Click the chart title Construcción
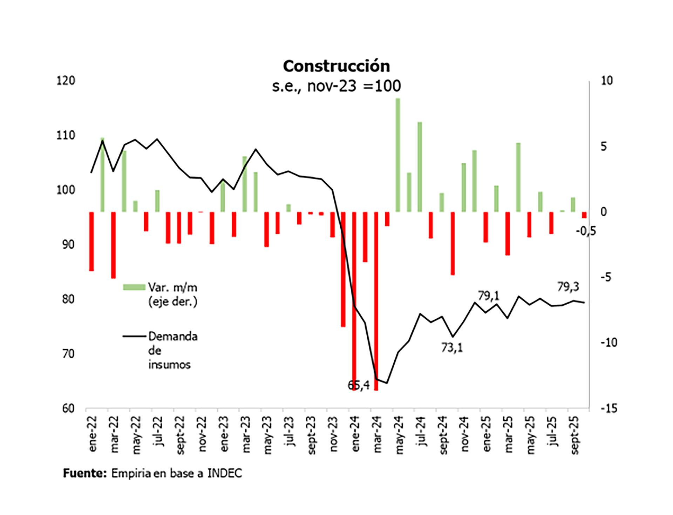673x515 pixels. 336,66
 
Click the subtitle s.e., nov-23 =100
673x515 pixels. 336,86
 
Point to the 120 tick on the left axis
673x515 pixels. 66,81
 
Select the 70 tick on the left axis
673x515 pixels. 68,354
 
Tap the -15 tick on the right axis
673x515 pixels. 609,408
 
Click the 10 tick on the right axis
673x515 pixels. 607,81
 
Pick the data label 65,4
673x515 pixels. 358,385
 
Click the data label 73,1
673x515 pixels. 451,348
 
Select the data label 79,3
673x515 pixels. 568,287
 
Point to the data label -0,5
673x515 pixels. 585,231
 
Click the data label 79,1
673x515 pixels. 488,296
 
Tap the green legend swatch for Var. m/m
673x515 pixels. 134,287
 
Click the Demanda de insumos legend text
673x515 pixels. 172,350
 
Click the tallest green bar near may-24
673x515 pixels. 398,155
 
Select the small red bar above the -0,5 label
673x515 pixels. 584,215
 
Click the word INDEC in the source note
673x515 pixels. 224,473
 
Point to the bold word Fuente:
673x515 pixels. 84,473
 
